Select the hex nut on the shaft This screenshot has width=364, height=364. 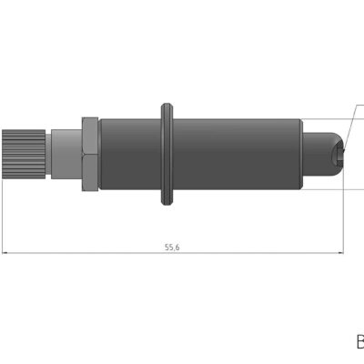[89, 152]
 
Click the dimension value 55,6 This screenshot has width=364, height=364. [171, 246]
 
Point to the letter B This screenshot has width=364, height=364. [359, 344]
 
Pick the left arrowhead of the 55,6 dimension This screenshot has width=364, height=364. [6, 252]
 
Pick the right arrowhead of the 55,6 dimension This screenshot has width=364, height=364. [339, 252]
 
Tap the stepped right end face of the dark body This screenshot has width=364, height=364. [302, 152]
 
